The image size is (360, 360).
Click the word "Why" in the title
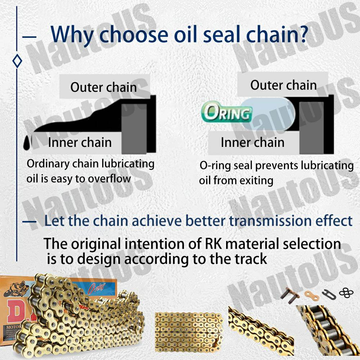pyautogui.click(x=72, y=35)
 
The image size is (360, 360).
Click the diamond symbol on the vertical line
pyautogui.click(x=17, y=61)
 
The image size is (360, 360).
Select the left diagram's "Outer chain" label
pyautogui.click(x=104, y=87)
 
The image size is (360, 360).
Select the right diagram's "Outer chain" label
pyautogui.click(x=284, y=85)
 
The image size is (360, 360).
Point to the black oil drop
pyautogui.click(x=27, y=143)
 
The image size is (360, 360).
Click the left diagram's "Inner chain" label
pyautogui.click(x=80, y=142)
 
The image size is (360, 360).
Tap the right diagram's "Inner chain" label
pyautogui.click(x=253, y=142)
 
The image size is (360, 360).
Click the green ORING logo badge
pyautogui.click(x=227, y=112)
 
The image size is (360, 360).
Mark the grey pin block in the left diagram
pyautogui.click(x=134, y=129)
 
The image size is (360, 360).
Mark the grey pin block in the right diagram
pyautogui.click(x=311, y=128)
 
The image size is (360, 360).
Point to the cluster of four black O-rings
pyautogui.click(x=346, y=293)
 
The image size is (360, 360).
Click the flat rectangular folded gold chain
pyautogui.click(x=189, y=332)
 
